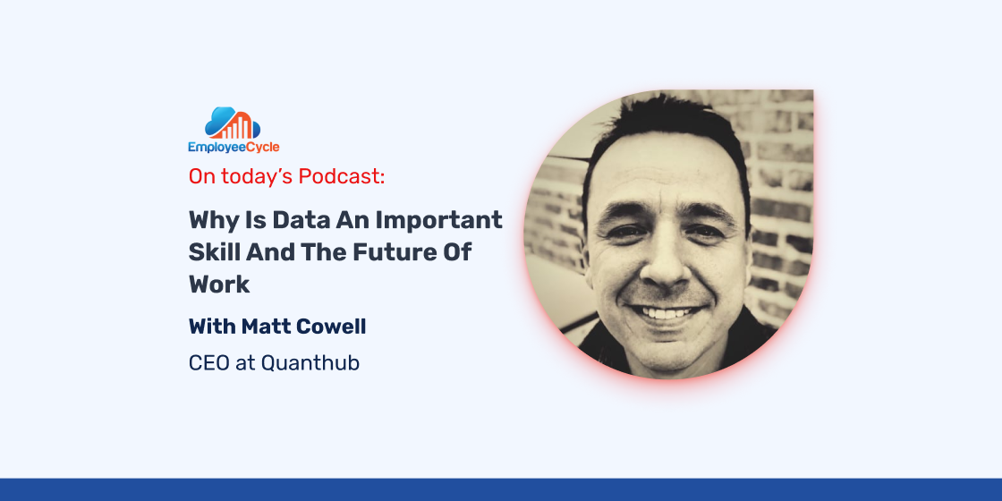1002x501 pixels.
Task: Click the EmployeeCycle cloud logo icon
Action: [x=233, y=123]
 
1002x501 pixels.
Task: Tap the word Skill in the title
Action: [x=208, y=251]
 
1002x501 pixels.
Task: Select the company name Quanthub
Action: [x=310, y=363]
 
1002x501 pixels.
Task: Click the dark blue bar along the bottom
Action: [x=501, y=489]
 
